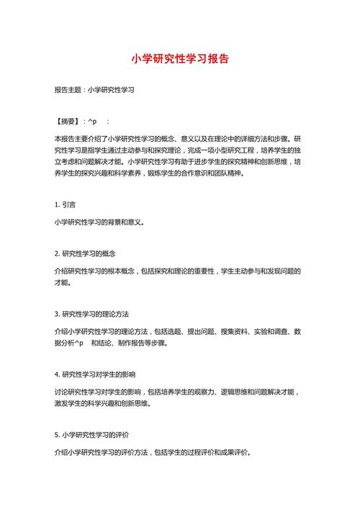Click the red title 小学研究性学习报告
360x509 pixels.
[180, 60]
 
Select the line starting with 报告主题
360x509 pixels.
[95, 91]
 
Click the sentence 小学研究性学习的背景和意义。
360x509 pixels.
[99, 222]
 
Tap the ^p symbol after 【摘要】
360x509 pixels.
[92, 122]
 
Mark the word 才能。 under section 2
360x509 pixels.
[63, 283]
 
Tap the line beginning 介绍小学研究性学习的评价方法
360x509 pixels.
[153, 453]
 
